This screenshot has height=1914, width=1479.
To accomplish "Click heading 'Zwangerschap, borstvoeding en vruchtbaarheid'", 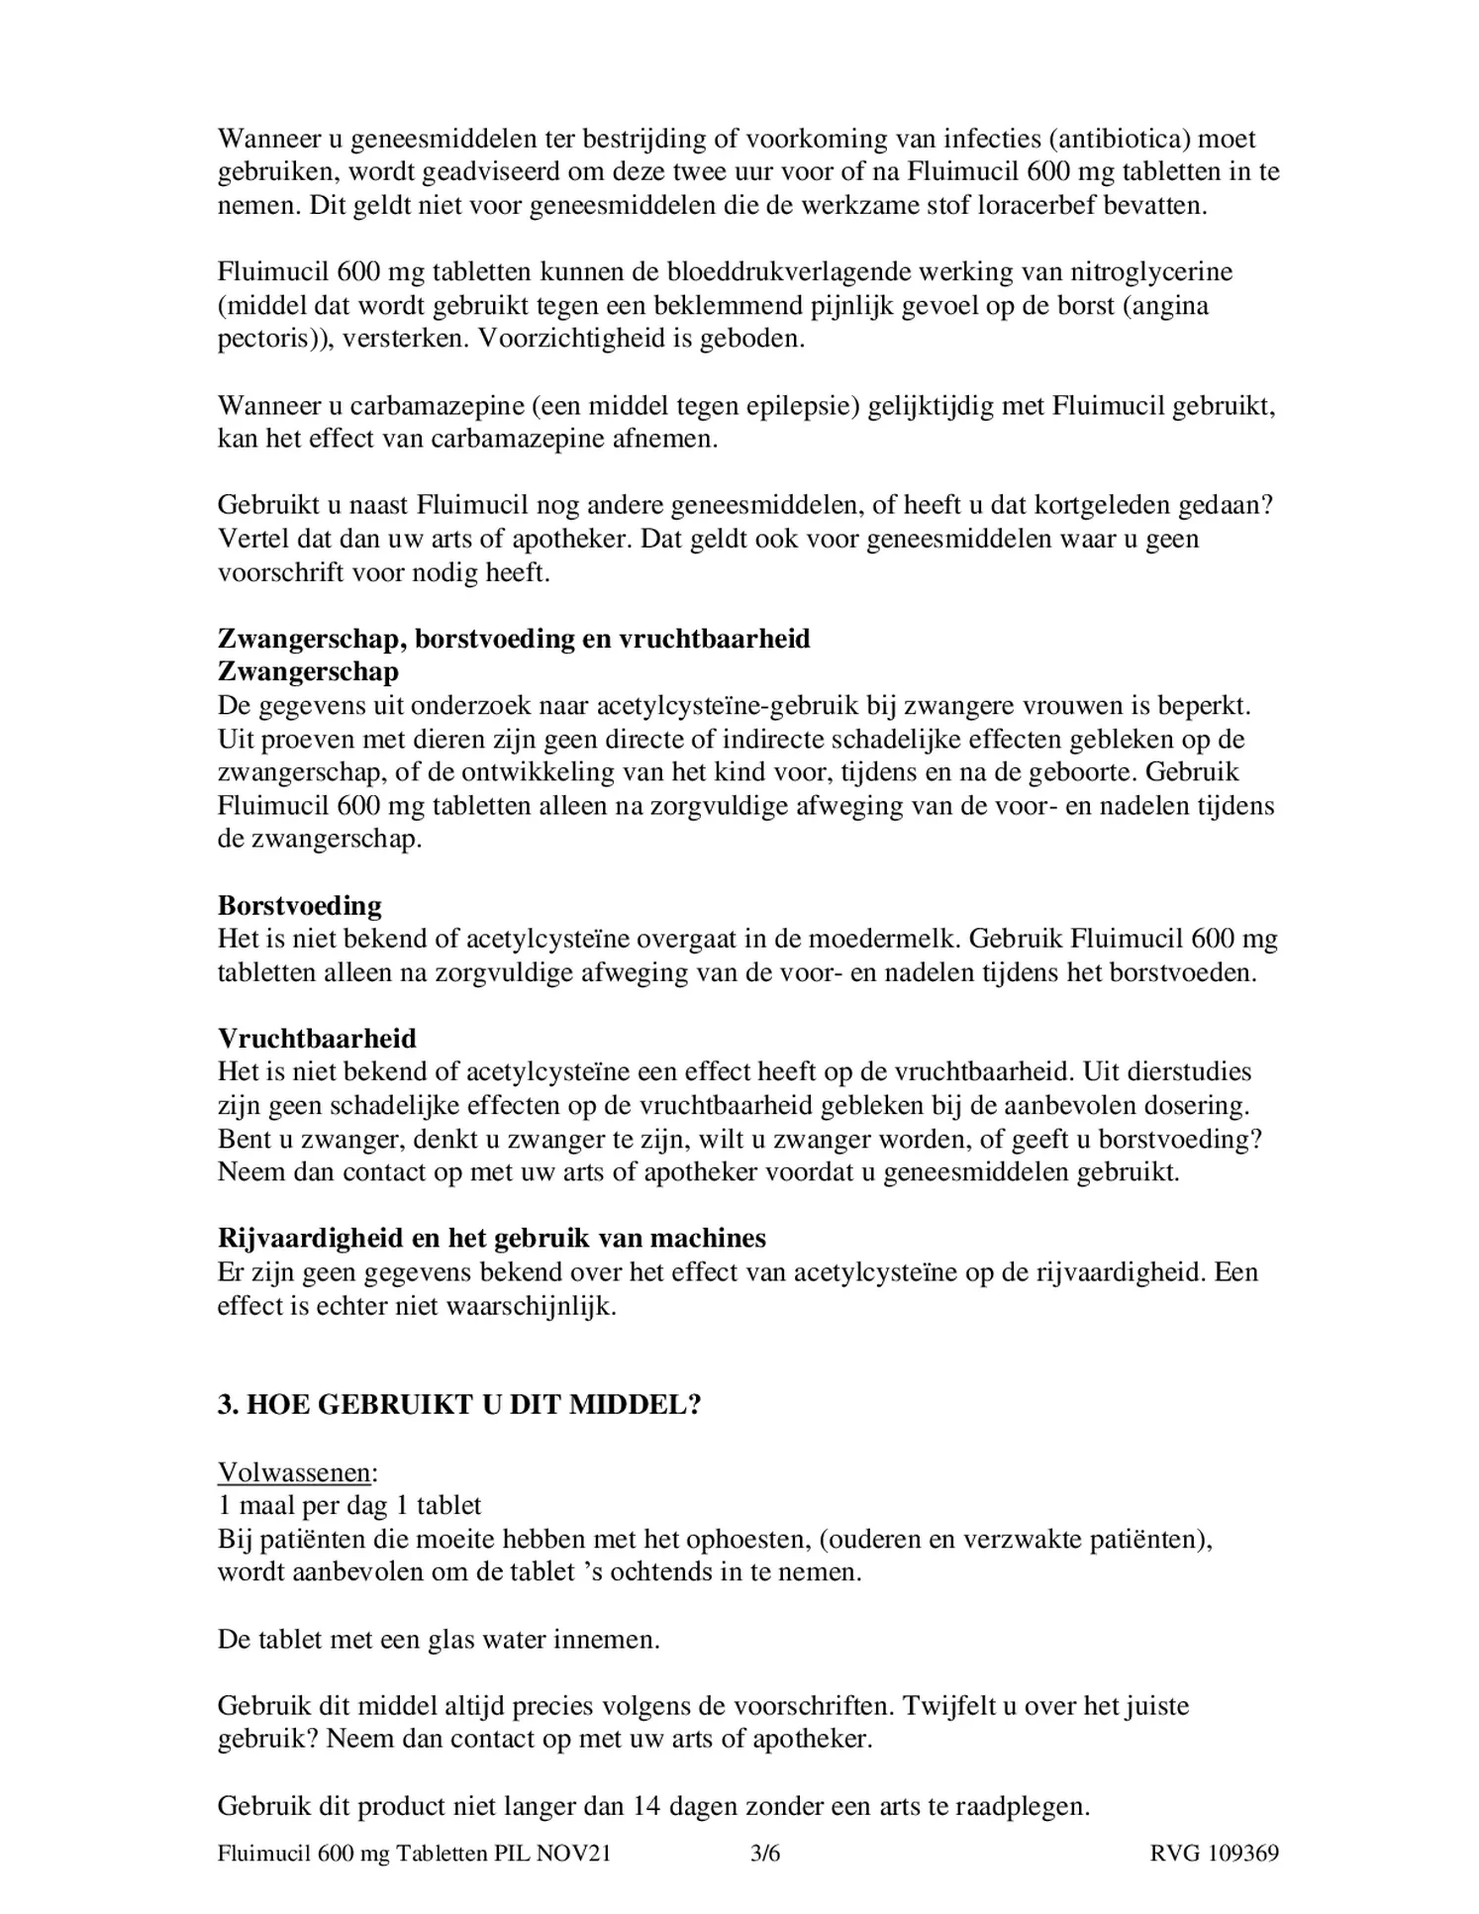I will tap(513, 638).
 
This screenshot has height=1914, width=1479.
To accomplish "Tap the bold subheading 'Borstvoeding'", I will tap(299, 905).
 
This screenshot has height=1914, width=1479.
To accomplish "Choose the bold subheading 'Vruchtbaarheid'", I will tap(317, 1038).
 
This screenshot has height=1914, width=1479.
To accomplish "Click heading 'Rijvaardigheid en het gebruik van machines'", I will tap(491, 1238).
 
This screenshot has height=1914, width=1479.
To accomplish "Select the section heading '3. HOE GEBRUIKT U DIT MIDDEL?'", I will tap(459, 1404).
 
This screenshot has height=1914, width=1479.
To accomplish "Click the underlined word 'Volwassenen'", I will tap(293, 1472).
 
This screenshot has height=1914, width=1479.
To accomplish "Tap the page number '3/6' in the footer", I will tap(765, 1853).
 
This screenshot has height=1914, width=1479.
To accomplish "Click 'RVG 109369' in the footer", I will tap(1214, 1853).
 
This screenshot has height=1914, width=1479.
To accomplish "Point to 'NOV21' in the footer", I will tap(573, 1853).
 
